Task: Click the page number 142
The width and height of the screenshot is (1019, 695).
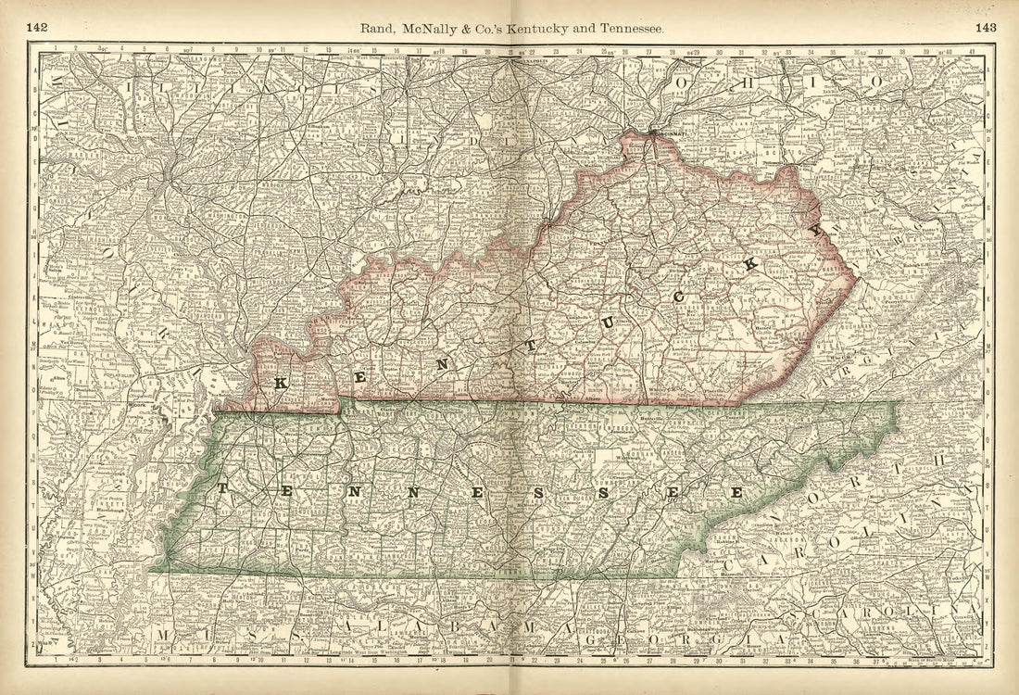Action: (x=37, y=27)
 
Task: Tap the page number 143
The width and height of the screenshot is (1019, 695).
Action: (x=985, y=27)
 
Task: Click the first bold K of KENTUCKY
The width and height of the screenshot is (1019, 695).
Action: (x=279, y=382)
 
